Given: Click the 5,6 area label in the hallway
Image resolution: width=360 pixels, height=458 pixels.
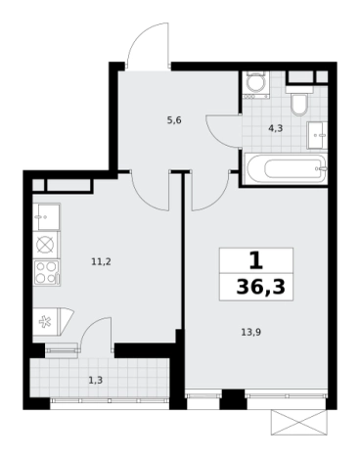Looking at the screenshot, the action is (x=174, y=120).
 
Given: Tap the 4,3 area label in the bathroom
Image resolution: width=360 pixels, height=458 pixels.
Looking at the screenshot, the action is (x=276, y=128).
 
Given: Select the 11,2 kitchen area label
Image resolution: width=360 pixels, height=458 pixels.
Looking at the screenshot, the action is (x=101, y=261).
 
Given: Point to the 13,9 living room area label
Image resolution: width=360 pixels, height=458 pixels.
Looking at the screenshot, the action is (x=251, y=333).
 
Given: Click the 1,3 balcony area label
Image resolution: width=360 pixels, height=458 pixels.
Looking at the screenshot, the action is (x=96, y=380).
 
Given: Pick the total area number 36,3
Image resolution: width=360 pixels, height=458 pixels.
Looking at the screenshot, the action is (x=260, y=288).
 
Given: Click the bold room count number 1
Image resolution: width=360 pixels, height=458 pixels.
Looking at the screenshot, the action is (x=256, y=260).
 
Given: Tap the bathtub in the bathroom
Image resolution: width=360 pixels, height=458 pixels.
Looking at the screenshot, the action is (x=286, y=169).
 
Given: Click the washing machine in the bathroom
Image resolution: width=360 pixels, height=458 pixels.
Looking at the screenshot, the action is (x=255, y=85).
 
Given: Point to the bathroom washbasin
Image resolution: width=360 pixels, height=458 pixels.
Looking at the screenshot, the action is (x=317, y=135).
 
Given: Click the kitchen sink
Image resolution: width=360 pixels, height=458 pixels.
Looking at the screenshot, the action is (x=46, y=217).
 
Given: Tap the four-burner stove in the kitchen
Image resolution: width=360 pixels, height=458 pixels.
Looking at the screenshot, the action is (x=46, y=273).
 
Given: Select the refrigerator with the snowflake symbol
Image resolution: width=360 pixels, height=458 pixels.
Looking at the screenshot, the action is (x=53, y=322).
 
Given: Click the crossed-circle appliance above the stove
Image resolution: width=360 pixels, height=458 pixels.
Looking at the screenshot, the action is (x=46, y=245).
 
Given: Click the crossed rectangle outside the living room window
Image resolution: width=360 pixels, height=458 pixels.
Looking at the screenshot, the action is (x=298, y=423).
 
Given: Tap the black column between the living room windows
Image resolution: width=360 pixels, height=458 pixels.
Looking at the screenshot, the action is (x=233, y=399).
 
